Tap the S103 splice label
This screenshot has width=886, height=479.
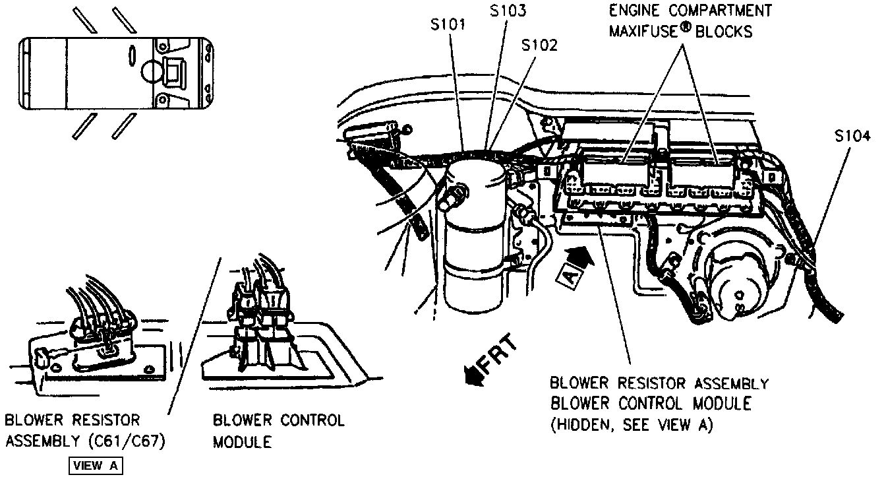[x=509, y=11]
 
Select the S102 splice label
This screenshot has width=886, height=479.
[x=539, y=46]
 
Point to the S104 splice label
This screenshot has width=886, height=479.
[x=851, y=137]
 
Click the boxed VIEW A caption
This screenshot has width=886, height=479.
[x=96, y=466]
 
